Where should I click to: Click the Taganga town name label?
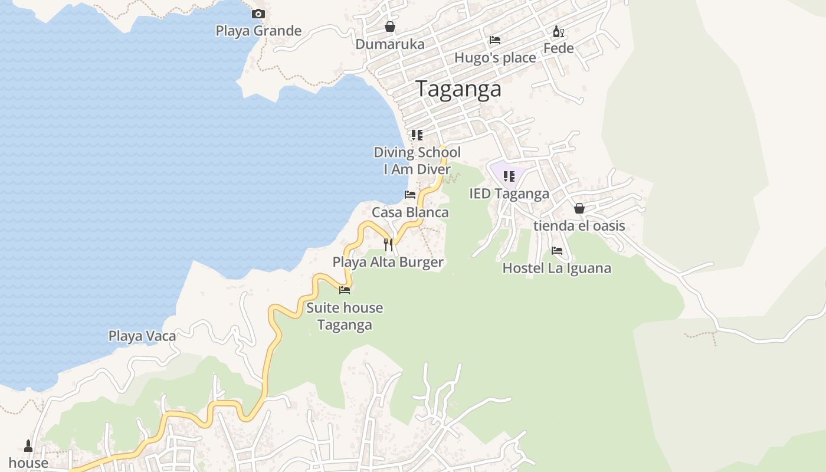458,89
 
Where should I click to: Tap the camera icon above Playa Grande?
258,14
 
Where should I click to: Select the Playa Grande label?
258,31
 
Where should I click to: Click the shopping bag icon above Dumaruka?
389,27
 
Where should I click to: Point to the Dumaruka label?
389,44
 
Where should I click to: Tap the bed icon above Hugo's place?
495,40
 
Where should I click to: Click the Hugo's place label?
495,58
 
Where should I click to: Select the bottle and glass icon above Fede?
558,31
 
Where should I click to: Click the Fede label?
558,48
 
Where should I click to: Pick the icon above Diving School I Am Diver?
417,135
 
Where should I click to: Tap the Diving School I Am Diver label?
417,160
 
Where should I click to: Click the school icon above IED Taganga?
509,176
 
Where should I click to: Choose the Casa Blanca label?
410,212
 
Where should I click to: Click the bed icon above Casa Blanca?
410,195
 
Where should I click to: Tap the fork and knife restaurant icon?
388,244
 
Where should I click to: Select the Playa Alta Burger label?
388,262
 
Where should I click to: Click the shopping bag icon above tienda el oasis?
579,208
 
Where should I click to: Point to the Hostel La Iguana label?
556,268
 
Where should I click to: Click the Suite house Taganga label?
345,316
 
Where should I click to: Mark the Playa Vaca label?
142,336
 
